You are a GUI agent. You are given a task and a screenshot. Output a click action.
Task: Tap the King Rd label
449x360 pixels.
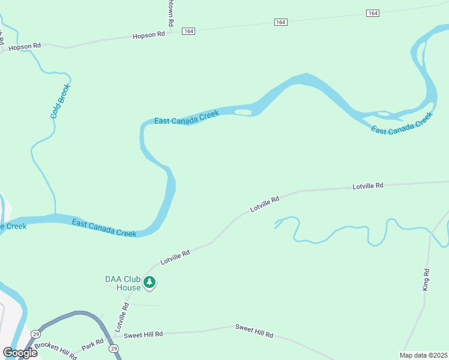point(426,280)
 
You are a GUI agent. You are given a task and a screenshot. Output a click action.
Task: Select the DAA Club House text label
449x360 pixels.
point(122,283)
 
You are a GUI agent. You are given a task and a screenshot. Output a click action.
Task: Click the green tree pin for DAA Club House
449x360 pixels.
point(150,282)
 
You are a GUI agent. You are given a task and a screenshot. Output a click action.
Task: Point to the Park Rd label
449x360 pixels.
point(92,344)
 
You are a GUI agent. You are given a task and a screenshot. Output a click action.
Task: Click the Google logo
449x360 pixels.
point(20,353)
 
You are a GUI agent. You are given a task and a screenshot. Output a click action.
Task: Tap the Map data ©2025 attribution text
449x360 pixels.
point(424,355)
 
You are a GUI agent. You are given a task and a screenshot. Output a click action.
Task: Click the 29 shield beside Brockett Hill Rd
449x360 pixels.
point(36,334)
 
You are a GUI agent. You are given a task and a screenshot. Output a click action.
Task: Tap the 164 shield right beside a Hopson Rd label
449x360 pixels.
point(189,31)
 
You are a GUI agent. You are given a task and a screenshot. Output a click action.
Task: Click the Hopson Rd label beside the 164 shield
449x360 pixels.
point(148,35)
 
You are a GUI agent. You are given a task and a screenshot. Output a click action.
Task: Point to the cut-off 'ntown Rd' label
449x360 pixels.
point(170,13)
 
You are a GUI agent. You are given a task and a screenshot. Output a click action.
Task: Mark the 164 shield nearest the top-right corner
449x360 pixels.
point(373,13)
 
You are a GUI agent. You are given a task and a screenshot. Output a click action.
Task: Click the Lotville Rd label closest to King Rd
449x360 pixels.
point(367,187)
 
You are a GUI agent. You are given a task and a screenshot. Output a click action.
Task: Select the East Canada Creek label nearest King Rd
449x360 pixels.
point(402,123)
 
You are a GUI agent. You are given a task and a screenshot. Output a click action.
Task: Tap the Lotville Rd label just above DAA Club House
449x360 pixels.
point(175,258)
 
